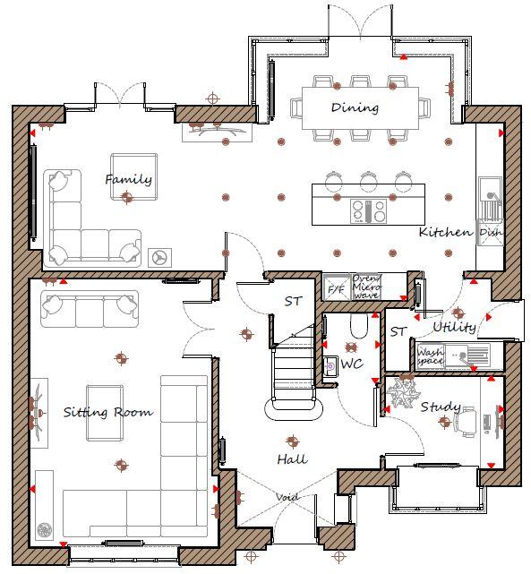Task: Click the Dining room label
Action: point(355,108)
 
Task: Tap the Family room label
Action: point(128,179)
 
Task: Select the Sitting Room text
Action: point(107,413)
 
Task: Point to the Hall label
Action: point(291,459)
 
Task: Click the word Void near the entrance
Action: point(287,497)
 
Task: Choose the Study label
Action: point(439,406)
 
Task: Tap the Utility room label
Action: point(454,327)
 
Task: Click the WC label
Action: point(351,364)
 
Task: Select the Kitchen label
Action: point(445,232)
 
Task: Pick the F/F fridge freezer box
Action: point(336,288)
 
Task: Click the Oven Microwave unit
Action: point(367,287)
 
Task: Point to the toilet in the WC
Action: point(359,327)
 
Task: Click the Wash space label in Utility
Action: point(430,356)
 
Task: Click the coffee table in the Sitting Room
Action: point(105,413)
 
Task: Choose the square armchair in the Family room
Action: point(133,176)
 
